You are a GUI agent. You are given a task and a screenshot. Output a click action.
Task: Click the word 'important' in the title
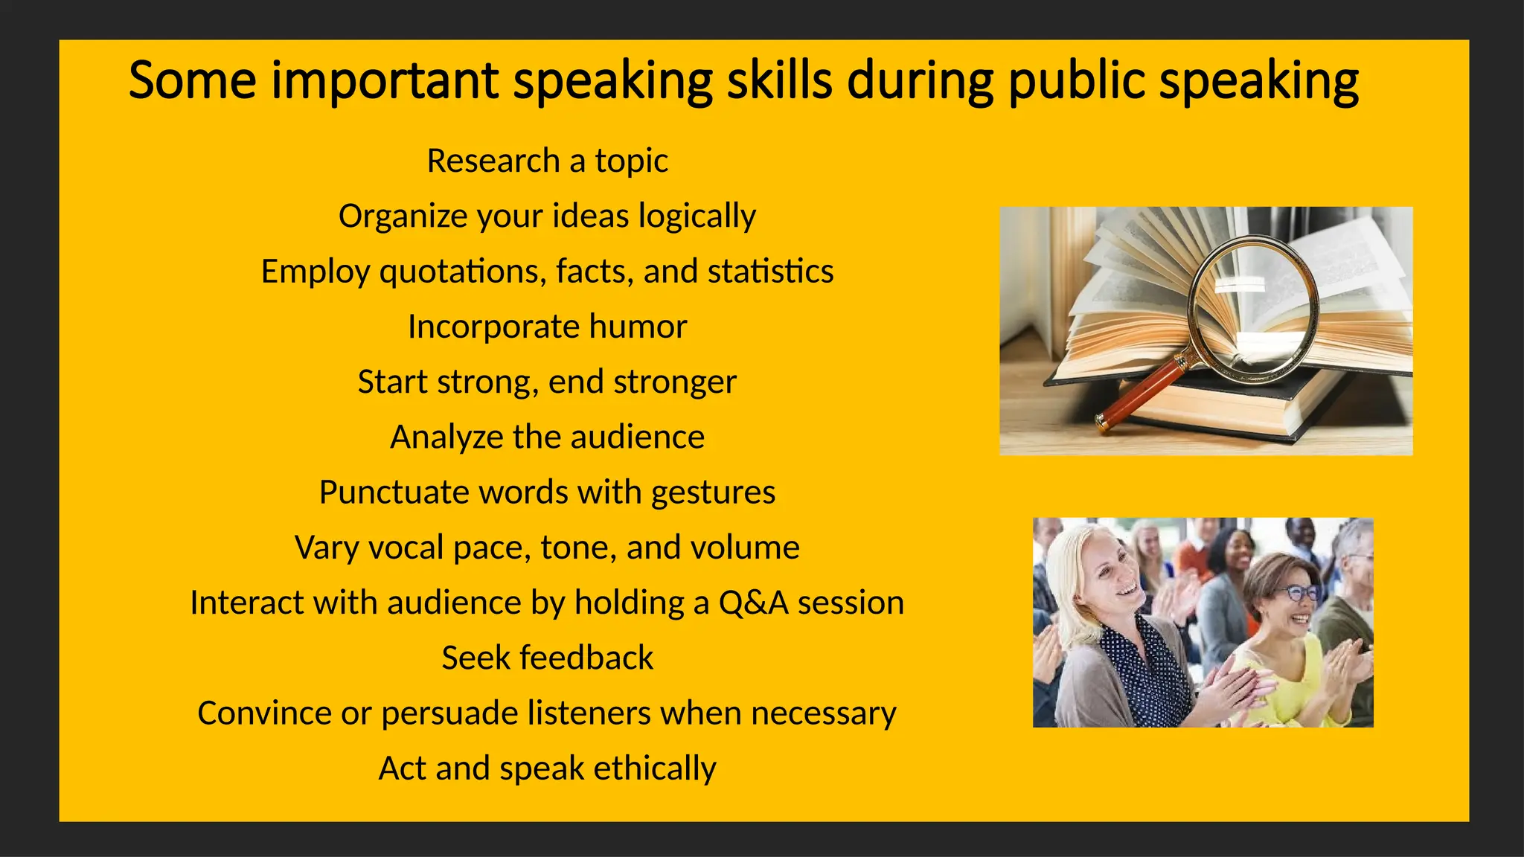point(384,80)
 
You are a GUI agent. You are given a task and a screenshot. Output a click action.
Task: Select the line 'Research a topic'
point(547,161)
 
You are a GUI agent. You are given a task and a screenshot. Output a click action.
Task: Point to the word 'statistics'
point(770,272)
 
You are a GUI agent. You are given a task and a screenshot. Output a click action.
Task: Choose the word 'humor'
point(638,327)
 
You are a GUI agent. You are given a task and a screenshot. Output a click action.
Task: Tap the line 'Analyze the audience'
point(547,437)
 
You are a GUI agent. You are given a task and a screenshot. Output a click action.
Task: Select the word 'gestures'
point(712,492)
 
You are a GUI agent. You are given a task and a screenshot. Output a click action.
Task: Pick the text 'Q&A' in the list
point(753,603)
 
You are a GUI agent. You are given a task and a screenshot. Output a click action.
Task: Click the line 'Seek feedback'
point(547,658)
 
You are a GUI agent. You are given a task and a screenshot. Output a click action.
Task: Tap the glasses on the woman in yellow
point(1296,594)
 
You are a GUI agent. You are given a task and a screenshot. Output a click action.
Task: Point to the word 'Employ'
point(315,272)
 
